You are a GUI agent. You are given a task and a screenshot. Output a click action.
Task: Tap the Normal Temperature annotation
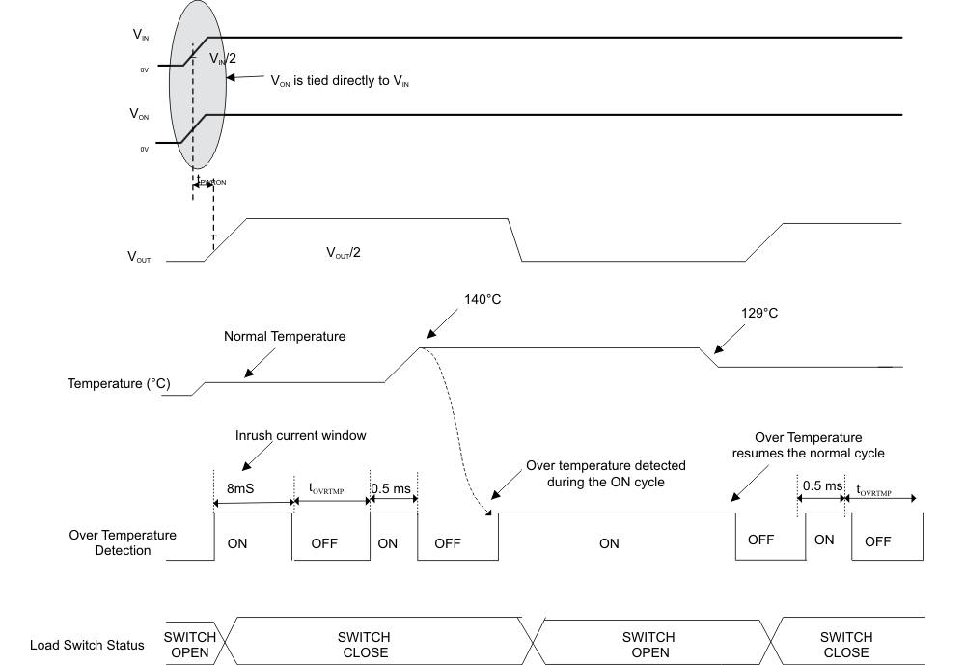click(x=285, y=337)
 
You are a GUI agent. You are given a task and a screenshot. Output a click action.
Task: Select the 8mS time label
click(x=241, y=489)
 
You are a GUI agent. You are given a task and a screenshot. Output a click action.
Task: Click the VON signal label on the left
click(x=140, y=114)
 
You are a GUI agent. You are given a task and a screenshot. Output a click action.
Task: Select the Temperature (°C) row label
click(x=118, y=384)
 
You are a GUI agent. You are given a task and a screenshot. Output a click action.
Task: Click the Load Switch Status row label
click(x=87, y=645)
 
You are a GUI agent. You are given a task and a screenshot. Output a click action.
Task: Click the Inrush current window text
click(x=301, y=435)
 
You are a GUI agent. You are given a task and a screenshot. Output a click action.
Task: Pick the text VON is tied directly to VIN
click(x=345, y=83)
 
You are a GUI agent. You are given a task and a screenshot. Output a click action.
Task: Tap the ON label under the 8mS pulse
click(x=236, y=543)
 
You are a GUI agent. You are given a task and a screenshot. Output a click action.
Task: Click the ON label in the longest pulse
click(x=609, y=543)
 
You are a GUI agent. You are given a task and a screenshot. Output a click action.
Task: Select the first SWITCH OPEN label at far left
click(x=189, y=645)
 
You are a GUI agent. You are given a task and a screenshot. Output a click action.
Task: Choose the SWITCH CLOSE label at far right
click(x=845, y=645)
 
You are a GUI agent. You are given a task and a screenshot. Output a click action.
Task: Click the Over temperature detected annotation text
click(x=605, y=473)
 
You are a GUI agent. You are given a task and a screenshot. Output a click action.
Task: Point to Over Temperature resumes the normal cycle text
click(x=808, y=445)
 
